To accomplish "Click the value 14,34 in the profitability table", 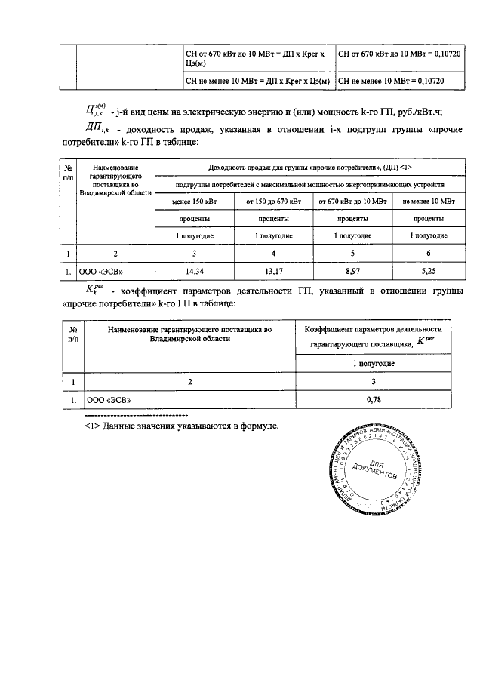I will [195, 270].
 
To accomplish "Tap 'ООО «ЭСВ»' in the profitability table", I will [102, 270].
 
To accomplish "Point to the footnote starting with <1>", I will [181, 426].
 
